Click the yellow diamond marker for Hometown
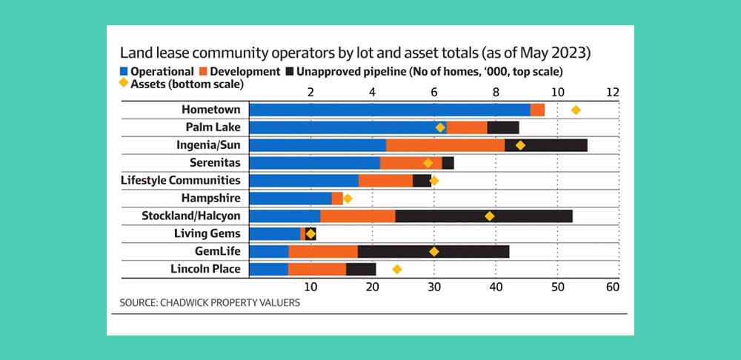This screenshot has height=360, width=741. click(x=576, y=110)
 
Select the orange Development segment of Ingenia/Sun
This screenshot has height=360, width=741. click(x=445, y=145)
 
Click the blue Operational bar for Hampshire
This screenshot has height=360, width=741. click(x=290, y=198)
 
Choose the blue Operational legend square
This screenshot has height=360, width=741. click(x=123, y=72)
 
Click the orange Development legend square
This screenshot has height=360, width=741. click(x=202, y=72)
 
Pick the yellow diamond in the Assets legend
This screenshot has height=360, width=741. click(x=123, y=84)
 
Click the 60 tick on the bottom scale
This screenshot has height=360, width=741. click(x=611, y=287)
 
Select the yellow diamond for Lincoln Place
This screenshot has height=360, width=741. click(x=397, y=269)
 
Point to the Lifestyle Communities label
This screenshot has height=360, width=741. click(x=180, y=180)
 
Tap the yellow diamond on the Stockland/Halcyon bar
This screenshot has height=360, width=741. click(x=489, y=216)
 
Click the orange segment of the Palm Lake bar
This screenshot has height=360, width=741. click(x=466, y=127)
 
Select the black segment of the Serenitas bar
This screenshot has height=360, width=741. click(x=448, y=163)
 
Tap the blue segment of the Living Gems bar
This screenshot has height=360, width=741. click(x=274, y=233)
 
